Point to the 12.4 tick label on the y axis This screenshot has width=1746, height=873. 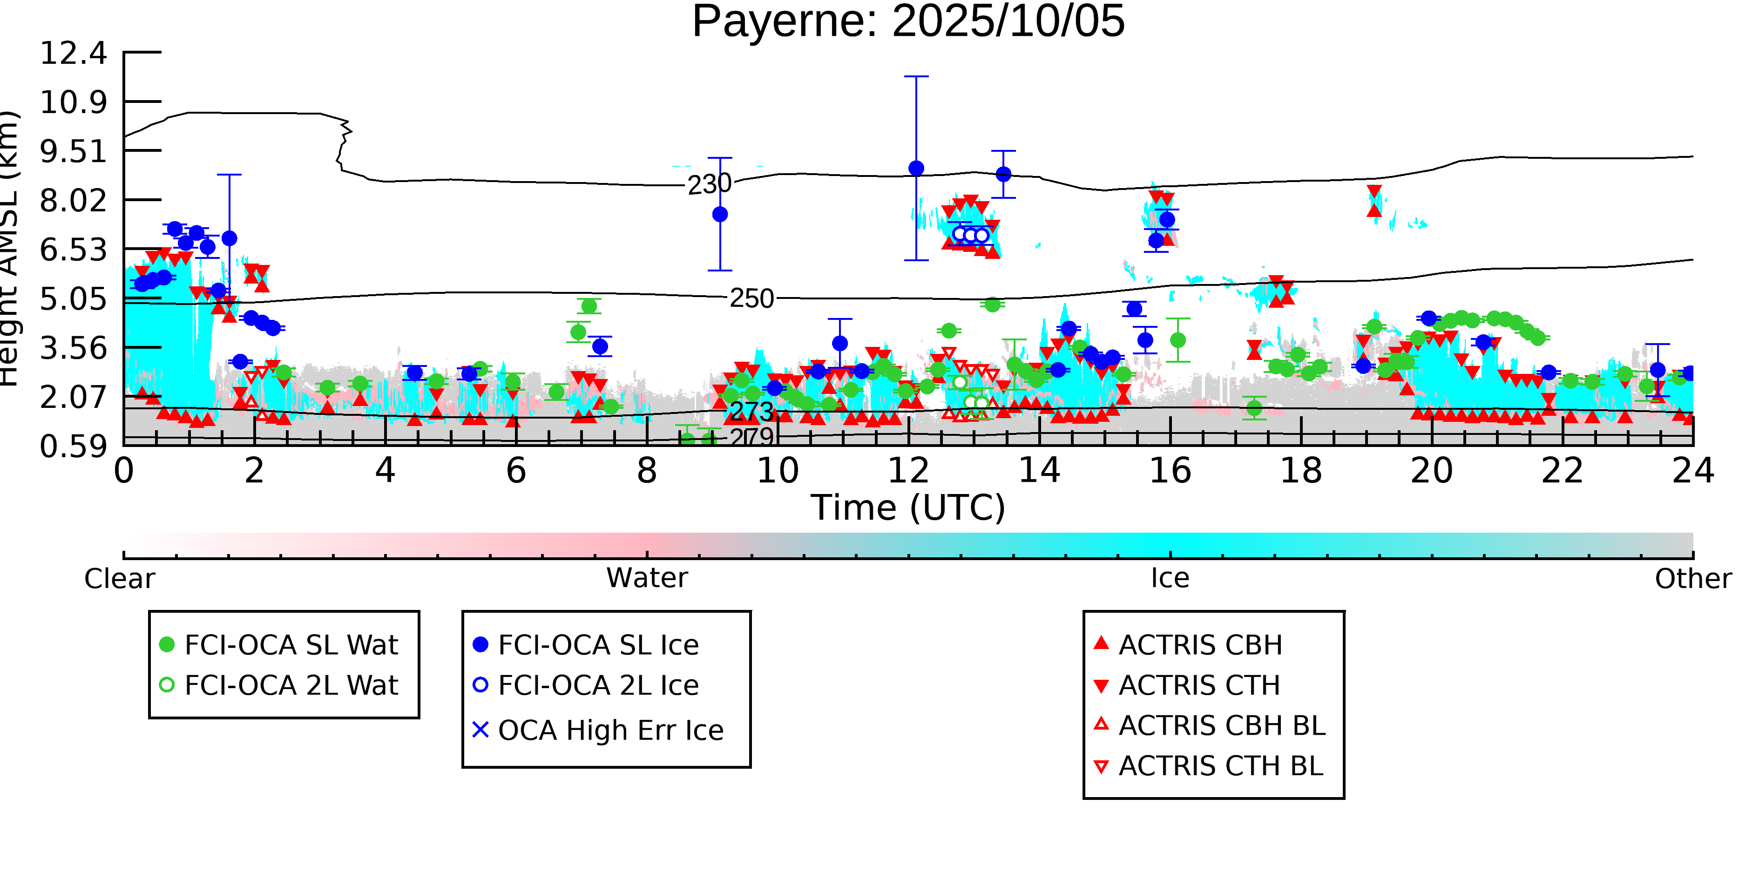click(73, 53)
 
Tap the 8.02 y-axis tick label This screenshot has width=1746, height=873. click(73, 201)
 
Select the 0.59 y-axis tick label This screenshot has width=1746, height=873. click(73, 447)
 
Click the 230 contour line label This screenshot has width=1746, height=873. click(709, 184)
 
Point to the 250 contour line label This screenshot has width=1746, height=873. click(751, 298)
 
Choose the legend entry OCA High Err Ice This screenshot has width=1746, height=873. click(610, 731)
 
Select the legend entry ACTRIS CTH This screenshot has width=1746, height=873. click(1199, 686)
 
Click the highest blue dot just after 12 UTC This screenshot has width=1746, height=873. click(916, 168)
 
